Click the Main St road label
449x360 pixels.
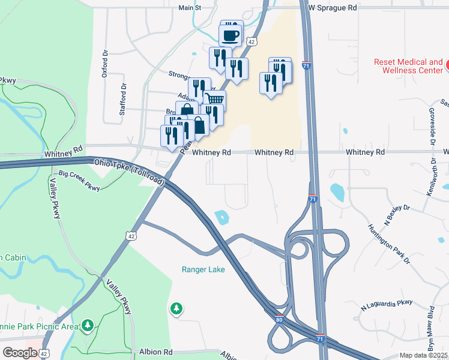coord(189,8)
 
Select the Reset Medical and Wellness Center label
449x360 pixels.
coord(408,66)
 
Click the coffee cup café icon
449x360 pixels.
coord(231,34)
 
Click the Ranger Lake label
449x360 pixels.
coord(203,269)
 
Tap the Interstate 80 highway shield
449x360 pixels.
coord(280,322)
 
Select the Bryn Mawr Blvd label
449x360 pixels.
coord(431,329)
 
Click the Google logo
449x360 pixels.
coord(20,353)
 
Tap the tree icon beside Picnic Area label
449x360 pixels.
coord(88,325)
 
